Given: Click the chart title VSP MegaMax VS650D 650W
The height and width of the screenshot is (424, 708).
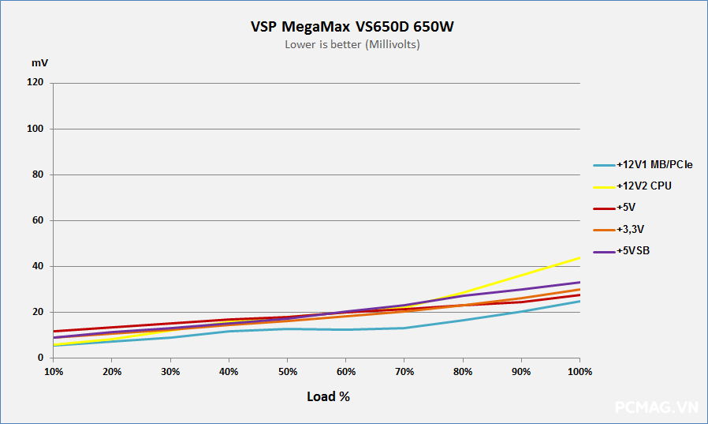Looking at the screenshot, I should (x=352, y=27).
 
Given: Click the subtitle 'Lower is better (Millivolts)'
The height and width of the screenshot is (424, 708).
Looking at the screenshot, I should (x=352, y=45).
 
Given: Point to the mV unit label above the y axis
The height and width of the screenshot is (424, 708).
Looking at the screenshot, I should (x=39, y=62).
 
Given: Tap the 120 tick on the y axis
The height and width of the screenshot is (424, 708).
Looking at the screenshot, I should (x=35, y=83).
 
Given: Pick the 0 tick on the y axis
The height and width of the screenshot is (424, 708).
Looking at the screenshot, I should (x=40, y=358).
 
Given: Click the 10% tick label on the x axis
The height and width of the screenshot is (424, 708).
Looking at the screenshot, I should (x=54, y=371).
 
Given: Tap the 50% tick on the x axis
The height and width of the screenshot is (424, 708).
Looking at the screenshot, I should (x=288, y=371).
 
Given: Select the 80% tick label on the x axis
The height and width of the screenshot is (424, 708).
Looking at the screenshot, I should (x=463, y=371).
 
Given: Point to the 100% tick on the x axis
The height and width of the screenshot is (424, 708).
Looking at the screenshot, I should (x=579, y=371).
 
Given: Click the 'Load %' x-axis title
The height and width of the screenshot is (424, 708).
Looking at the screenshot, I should (x=328, y=396).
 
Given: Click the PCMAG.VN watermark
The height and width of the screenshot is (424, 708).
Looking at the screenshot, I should (x=656, y=407).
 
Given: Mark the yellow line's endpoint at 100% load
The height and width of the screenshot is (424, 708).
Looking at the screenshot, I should (x=579, y=257).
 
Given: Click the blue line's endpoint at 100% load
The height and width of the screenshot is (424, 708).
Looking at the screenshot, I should (x=579, y=301).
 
